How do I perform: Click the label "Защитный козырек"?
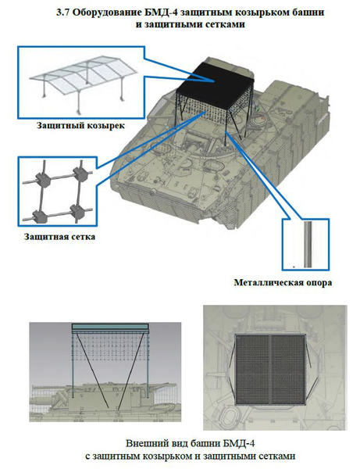click(x=80, y=125)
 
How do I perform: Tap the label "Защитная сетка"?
click(x=60, y=237)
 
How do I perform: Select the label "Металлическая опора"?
click(x=283, y=282)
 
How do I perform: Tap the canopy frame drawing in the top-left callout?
click(x=84, y=81)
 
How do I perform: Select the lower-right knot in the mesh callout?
click(x=78, y=211)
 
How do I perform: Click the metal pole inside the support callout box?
click(x=308, y=245)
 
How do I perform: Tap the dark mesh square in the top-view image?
click(x=271, y=370)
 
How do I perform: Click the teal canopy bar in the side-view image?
click(x=110, y=328)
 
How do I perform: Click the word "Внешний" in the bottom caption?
click(x=145, y=443)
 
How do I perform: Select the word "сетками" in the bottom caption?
click(x=276, y=456)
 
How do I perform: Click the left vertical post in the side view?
click(x=73, y=366)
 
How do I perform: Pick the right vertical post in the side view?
click(x=148, y=365)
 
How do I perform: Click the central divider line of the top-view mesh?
click(x=271, y=370)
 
